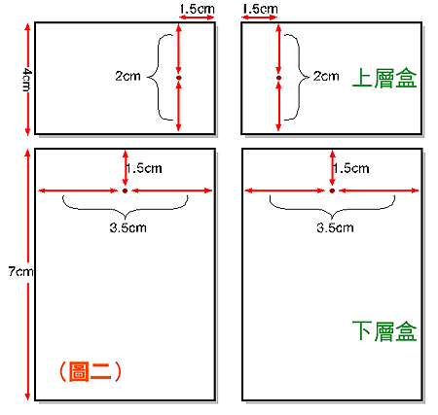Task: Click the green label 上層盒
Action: pyautogui.click(x=384, y=78)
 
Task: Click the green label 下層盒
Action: pyautogui.click(x=384, y=331)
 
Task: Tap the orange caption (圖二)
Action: pyautogui.click(x=91, y=371)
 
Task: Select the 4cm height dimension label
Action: pyautogui.click(x=27, y=80)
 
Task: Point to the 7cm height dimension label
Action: pyautogui.click(x=20, y=271)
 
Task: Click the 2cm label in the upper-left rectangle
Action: pyautogui.click(x=128, y=76)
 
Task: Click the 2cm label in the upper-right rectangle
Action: pyautogui.click(x=326, y=76)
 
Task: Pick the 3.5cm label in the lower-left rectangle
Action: pyautogui.click(x=128, y=227)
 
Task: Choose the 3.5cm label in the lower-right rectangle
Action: pyautogui.click(x=335, y=227)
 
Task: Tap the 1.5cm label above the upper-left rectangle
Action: pyautogui.click(x=197, y=9)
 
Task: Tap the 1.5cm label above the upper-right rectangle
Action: pyautogui.click(x=260, y=9)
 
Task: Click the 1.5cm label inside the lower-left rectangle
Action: pyautogui.click(x=144, y=168)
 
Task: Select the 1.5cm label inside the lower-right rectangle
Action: pyautogui.click(x=351, y=168)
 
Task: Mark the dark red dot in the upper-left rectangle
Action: pyautogui.click(x=179, y=78)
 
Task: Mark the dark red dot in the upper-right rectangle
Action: pyautogui.click(x=278, y=78)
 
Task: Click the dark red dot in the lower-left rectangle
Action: pyautogui.click(x=125, y=190)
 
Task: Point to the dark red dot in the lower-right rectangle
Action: pyautogui.click(x=332, y=190)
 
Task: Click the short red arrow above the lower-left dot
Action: pyautogui.click(x=126, y=168)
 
